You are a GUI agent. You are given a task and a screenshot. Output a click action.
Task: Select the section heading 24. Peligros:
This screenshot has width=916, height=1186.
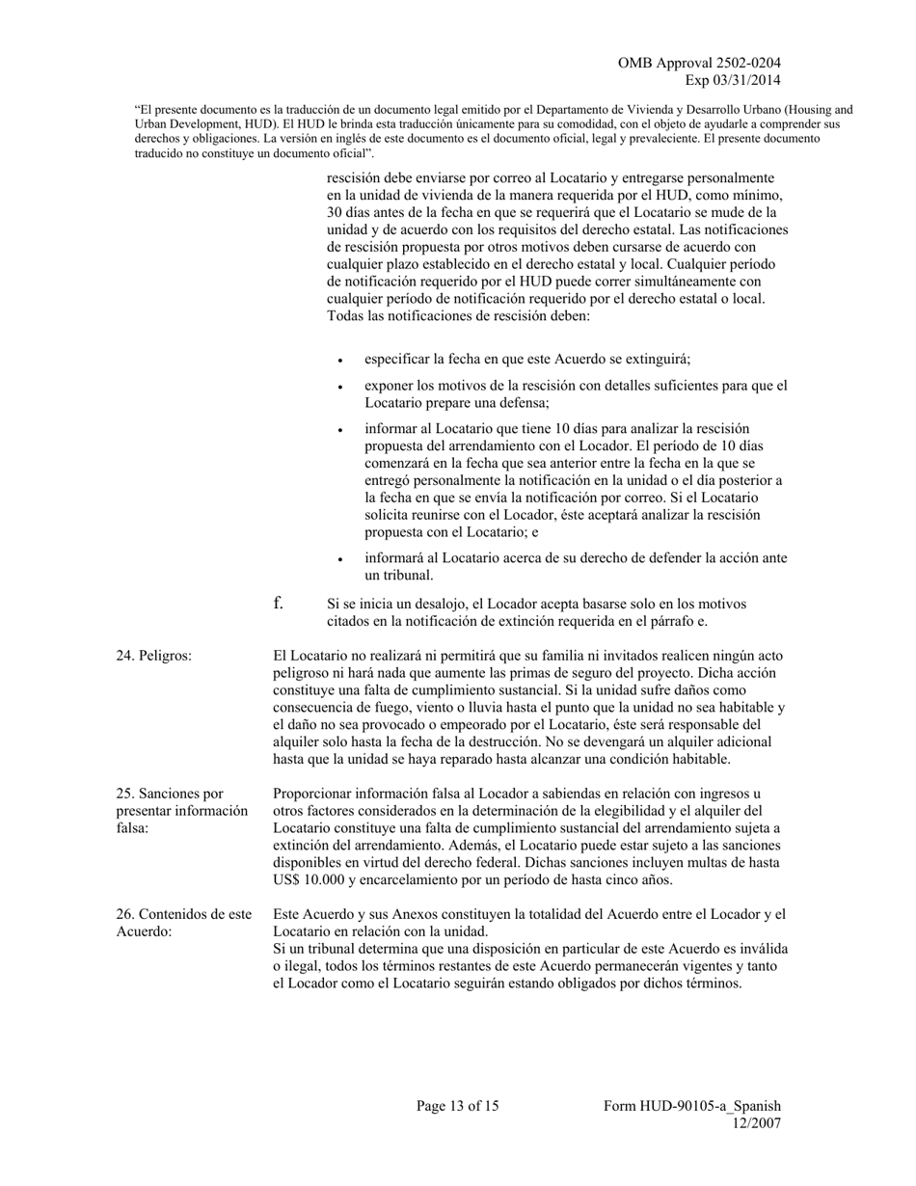153,656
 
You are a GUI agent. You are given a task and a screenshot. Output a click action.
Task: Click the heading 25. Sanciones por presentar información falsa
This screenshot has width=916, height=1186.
181,811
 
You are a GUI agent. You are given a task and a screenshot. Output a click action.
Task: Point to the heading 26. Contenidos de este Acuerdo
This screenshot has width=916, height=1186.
183,923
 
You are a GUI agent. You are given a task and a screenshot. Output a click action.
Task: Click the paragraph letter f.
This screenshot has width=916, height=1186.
278,604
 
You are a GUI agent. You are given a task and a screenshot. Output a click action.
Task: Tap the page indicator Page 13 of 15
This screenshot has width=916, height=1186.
457,1106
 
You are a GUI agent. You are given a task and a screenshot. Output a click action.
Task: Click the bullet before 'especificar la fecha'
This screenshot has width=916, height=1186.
340,361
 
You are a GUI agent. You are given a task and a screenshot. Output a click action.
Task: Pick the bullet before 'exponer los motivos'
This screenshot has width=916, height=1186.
340,388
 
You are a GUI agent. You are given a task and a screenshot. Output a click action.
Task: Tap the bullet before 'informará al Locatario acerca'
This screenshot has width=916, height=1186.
340,560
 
